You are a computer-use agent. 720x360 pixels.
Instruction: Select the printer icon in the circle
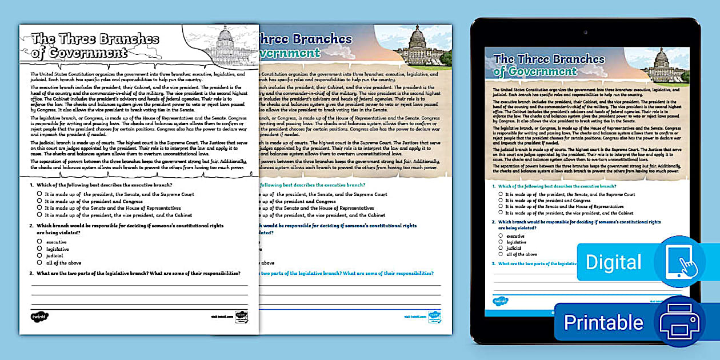coord(679,322)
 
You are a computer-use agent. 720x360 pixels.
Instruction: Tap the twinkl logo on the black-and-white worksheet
coord(40,316)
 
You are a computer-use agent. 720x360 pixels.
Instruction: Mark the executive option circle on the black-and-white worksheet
coord(39,242)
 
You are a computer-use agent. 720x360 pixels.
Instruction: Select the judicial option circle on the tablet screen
coord(501,248)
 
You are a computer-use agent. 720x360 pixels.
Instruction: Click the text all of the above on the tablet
coord(522,254)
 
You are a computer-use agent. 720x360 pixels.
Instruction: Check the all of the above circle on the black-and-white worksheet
coord(39,262)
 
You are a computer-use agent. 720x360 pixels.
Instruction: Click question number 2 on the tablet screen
coord(494,221)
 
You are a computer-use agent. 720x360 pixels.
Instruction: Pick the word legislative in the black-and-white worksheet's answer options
coord(57,249)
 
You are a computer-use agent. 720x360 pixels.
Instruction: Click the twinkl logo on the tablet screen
coord(501,301)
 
